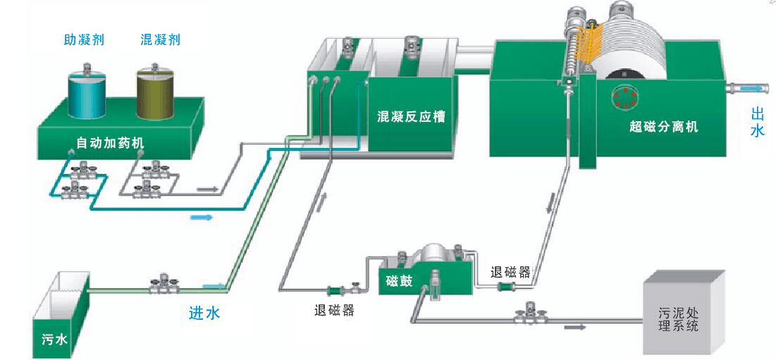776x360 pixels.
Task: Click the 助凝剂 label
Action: click(x=84, y=40)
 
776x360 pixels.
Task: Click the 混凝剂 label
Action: click(x=160, y=40)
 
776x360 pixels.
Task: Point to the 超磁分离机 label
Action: click(x=663, y=127)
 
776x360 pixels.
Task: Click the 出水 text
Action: click(x=757, y=122)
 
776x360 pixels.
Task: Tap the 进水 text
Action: click(x=204, y=313)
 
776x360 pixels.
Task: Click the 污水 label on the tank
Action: click(x=54, y=340)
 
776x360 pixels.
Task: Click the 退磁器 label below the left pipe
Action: click(x=333, y=311)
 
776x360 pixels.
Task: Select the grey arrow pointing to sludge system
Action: click(x=575, y=327)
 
